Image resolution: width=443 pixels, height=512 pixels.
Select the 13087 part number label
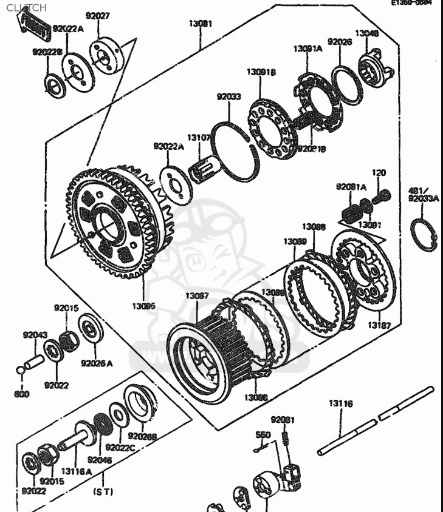coord(197,296)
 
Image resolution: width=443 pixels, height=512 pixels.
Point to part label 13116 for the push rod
coord(341,403)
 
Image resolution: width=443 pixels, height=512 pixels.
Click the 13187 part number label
coord(379,326)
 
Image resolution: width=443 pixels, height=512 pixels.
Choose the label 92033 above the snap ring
coord(229,96)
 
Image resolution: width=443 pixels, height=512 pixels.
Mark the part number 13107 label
coord(199,138)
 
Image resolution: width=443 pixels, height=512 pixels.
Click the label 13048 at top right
coord(367,33)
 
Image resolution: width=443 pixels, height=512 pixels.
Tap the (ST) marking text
coord(103,492)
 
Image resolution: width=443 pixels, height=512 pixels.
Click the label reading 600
coord(22,394)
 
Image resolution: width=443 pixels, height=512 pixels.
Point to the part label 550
coord(263,435)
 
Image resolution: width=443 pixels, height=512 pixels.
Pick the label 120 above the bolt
coord(379,173)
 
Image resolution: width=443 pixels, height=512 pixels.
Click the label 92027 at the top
coord(97,16)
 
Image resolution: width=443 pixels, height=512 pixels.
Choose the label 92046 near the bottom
coord(100,460)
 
